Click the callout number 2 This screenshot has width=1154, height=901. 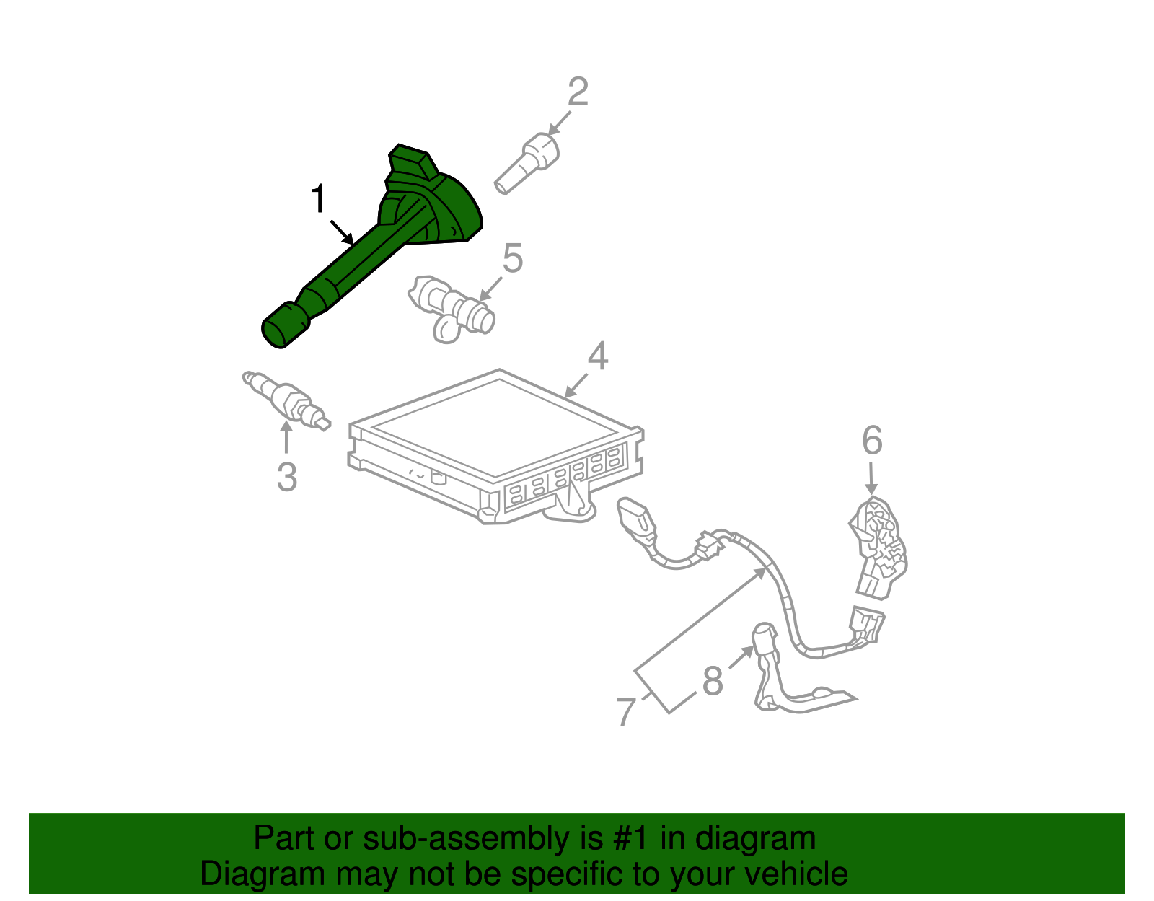click(x=578, y=92)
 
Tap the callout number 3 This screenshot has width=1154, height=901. click(x=287, y=477)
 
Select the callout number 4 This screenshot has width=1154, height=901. click(x=598, y=356)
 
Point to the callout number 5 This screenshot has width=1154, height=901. click(x=512, y=258)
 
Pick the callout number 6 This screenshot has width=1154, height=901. click(x=872, y=440)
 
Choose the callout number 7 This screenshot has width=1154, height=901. click(x=626, y=711)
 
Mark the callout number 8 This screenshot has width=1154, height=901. click(x=713, y=680)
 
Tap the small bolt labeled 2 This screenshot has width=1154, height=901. click(x=527, y=162)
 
